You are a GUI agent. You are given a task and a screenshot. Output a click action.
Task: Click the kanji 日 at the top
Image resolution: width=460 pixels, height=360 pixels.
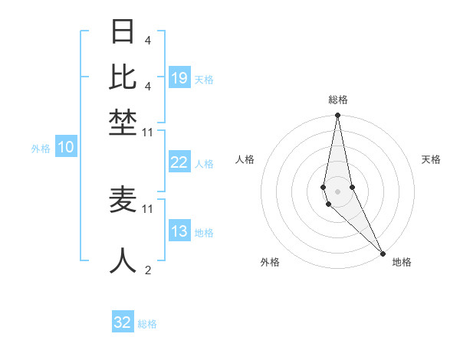click(123, 32)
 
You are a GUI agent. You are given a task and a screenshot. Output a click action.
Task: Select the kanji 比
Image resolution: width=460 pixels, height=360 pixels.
click(123, 77)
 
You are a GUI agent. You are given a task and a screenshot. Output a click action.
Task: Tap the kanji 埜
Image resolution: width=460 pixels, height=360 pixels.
click(123, 122)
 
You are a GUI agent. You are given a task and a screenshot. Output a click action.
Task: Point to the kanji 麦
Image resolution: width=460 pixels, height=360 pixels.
click(123, 200)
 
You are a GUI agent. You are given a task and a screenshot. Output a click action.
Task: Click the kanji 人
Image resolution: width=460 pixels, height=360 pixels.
click(123, 260)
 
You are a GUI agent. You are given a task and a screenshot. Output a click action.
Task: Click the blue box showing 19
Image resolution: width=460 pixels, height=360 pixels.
click(179, 78)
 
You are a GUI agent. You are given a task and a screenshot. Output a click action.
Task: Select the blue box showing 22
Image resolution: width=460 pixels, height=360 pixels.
click(179, 162)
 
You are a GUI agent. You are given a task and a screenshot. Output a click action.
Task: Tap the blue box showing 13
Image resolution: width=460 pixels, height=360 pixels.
click(179, 232)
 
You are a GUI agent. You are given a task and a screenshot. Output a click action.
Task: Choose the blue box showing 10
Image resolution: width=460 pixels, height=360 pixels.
click(66, 148)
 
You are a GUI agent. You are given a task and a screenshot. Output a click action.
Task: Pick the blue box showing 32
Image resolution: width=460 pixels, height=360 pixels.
click(123, 322)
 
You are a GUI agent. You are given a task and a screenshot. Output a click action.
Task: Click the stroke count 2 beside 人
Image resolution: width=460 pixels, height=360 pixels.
click(147, 270)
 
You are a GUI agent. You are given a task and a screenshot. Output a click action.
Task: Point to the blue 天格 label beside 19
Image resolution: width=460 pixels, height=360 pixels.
click(204, 80)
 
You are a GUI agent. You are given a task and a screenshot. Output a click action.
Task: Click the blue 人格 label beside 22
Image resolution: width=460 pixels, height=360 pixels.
click(204, 164)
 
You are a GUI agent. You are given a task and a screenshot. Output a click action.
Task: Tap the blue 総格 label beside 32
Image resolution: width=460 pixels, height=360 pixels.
click(147, 324)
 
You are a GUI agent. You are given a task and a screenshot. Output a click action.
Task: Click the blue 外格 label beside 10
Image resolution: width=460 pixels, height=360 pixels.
click(41, 149)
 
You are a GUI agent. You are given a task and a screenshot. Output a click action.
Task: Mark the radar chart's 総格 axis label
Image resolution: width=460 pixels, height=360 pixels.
click(338, 100)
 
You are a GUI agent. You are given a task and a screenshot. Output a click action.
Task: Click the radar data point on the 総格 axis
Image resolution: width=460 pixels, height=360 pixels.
click(338, 116)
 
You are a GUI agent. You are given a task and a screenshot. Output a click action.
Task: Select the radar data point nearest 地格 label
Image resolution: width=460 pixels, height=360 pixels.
click(383, 252)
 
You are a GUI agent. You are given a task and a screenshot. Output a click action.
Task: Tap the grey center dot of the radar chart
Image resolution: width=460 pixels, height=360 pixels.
click(338, 191)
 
